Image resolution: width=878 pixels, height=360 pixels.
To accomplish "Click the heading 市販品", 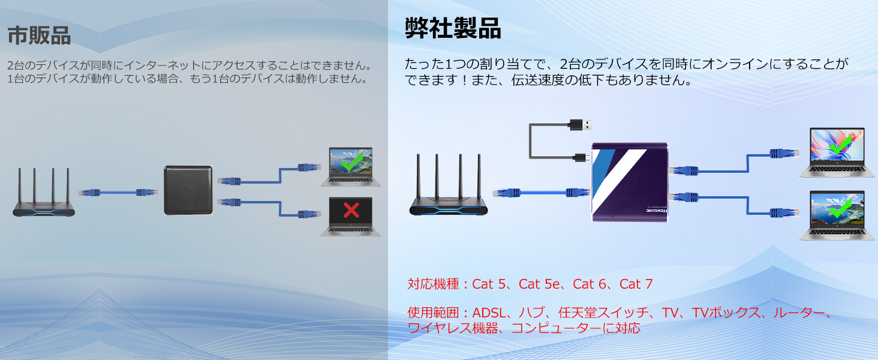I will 39,35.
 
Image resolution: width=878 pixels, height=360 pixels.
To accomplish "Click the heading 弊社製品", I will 452,28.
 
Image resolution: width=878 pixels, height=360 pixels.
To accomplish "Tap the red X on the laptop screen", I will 351,209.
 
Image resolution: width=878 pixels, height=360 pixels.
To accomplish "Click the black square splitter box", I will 188,190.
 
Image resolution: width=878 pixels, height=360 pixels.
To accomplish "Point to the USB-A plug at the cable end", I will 581,124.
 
